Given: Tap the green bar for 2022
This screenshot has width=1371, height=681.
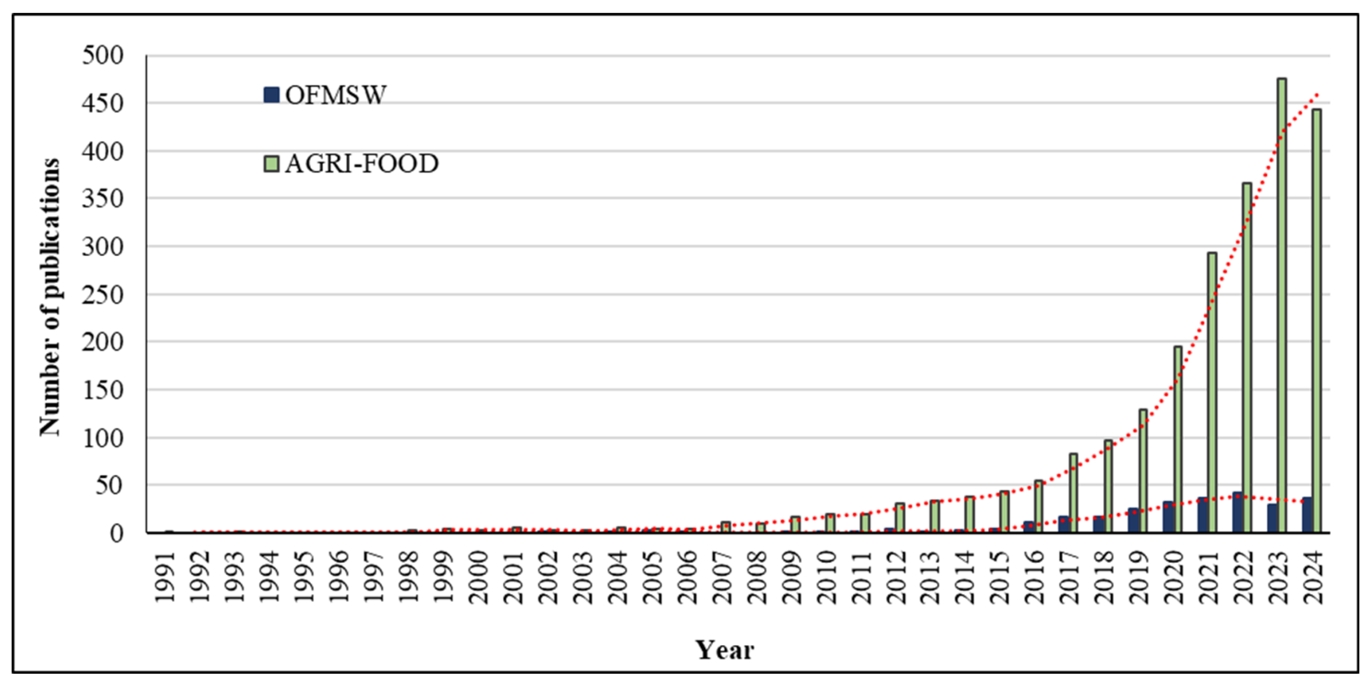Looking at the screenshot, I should click(x=1246, y=357).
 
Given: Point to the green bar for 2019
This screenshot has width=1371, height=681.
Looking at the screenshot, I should click(x=1143, y=471).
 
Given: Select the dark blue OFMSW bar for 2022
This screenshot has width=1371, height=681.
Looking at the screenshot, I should click(x=1238, y=512).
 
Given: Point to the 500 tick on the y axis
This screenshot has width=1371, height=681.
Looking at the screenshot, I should click(x=103, y=55).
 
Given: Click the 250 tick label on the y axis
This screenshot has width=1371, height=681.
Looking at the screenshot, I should click(x=103, y=294).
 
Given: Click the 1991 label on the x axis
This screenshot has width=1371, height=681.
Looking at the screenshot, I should click(x=166, y=577).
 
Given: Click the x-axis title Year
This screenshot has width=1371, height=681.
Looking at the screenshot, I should click(x=725, y=650).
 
